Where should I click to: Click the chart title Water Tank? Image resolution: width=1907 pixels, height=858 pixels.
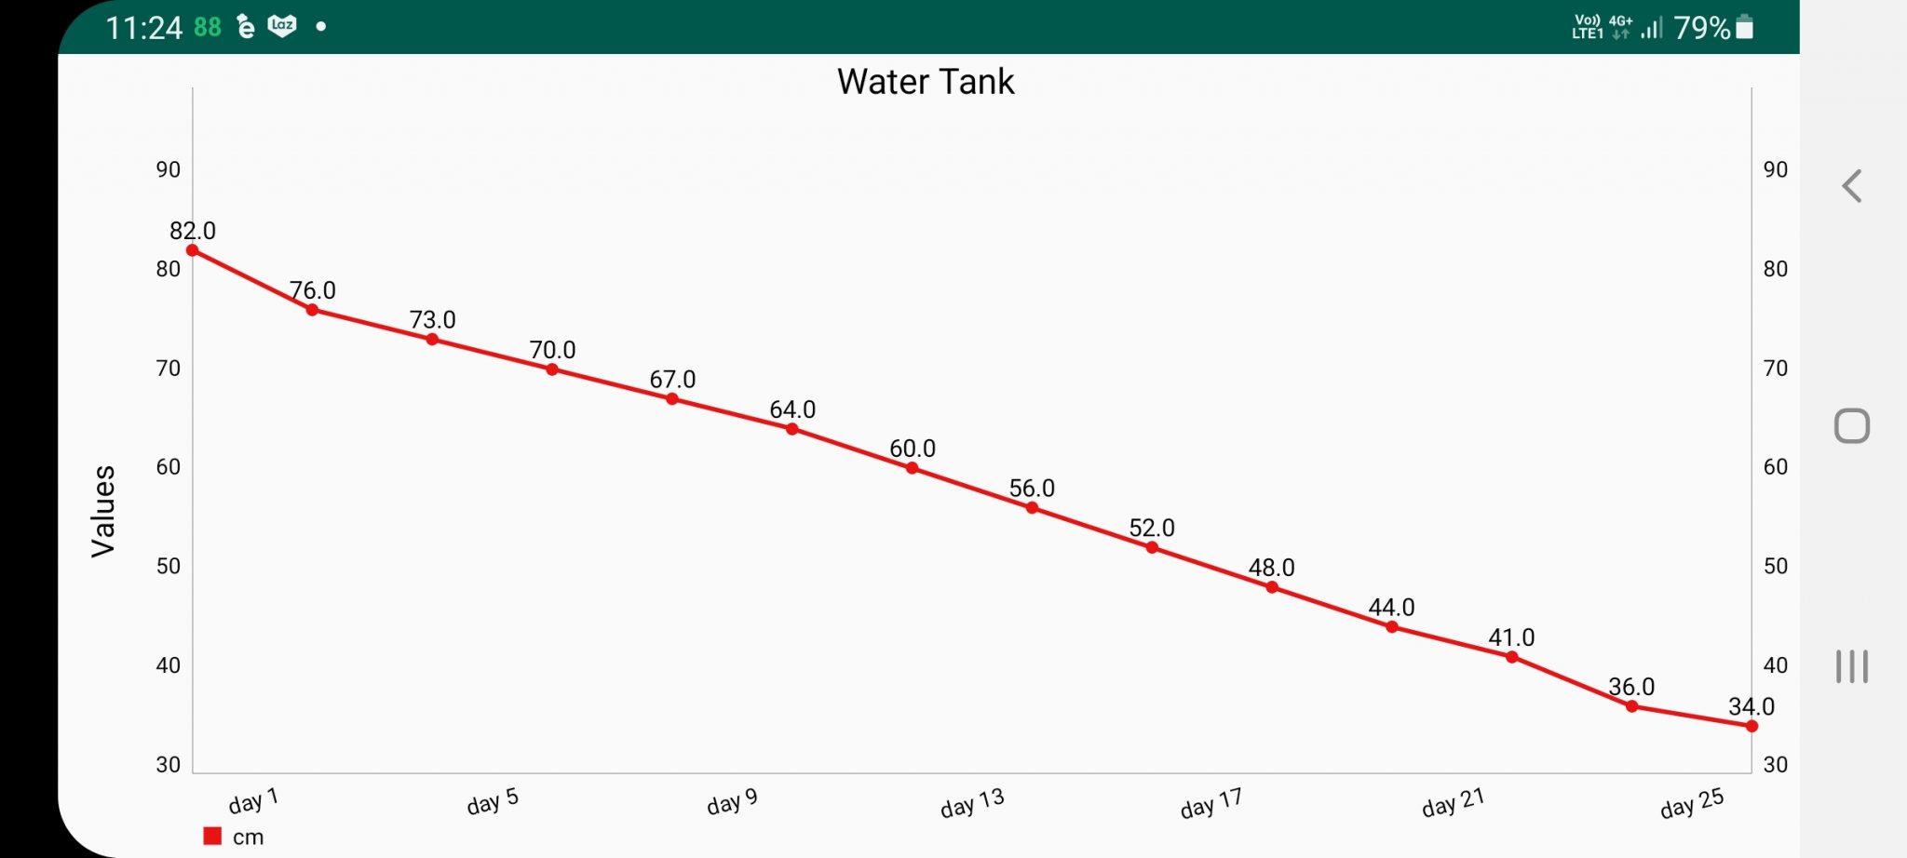coord(925,82)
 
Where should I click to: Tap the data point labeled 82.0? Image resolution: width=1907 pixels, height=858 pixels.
coord(193,250)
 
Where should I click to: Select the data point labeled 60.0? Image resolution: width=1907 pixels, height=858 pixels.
coord(912,468)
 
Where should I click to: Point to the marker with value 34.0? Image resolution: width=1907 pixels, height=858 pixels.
coord(1751,726)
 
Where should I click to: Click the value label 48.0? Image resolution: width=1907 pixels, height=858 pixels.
coord(1271,568)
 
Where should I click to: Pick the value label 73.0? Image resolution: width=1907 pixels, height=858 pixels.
coord(432,320)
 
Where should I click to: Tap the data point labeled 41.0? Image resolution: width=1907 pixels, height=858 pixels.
coord(1511,657)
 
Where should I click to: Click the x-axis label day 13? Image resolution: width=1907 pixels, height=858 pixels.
coord(972,802)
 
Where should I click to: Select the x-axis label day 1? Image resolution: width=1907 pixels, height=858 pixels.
coord(253,800)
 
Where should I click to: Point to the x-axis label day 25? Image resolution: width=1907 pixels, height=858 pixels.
coord(1692,802)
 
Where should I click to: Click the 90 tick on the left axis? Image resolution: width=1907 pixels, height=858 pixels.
coord(169,169)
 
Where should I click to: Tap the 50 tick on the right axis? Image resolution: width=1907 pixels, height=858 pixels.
coord(1775,566)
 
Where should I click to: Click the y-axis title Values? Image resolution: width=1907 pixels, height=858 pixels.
coord(103,511)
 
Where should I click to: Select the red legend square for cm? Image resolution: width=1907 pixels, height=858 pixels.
coord(212,836)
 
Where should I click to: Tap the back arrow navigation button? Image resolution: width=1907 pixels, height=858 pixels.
coord(1851,186)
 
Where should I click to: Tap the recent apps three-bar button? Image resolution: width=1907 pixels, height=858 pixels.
coord(1851,666)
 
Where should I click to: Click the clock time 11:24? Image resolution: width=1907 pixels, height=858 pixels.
coord(143,28)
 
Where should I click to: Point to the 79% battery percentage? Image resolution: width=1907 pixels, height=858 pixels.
coord(1701,28)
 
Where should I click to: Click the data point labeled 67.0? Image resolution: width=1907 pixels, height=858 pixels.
coord(671,399)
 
